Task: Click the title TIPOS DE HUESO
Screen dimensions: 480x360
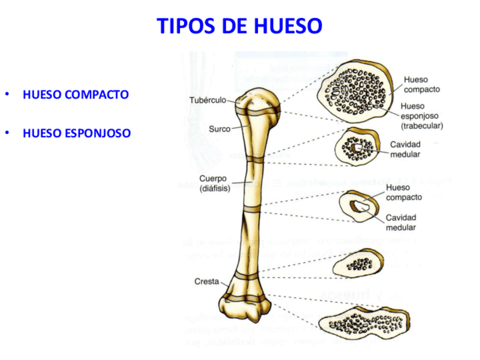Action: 239,26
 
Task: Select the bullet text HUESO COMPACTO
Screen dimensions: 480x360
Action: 76,95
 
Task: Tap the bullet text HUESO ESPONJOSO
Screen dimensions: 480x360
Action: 77,134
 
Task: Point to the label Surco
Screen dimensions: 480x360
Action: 220,129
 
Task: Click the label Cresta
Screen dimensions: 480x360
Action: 207,281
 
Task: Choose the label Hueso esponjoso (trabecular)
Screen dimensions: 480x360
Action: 421,115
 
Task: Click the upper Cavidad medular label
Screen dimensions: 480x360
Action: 405,149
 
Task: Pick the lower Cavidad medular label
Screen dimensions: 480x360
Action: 401,222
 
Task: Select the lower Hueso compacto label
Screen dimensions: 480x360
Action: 404,192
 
